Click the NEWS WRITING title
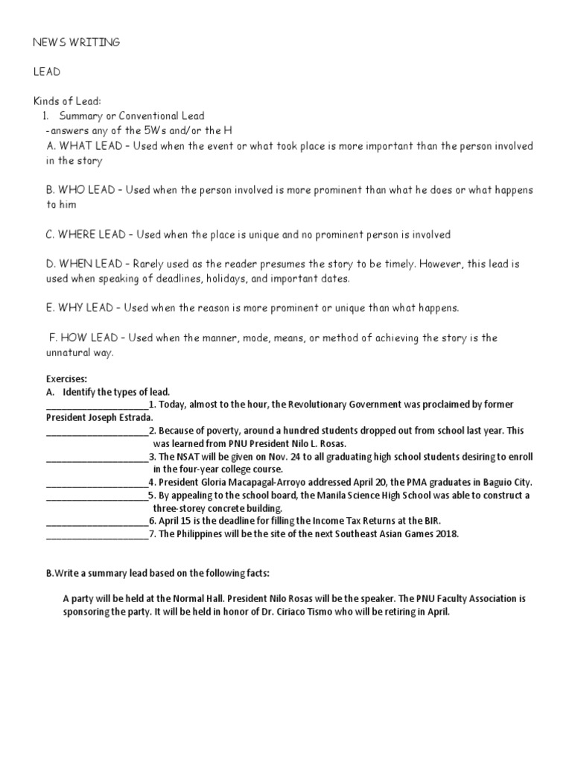point(76,42)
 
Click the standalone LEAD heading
point(46,72)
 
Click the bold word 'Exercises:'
point(67,379)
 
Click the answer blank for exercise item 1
point(97,405)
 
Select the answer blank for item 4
point(97,483)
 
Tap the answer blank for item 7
point(97,534)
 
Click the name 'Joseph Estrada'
point(120,418)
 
